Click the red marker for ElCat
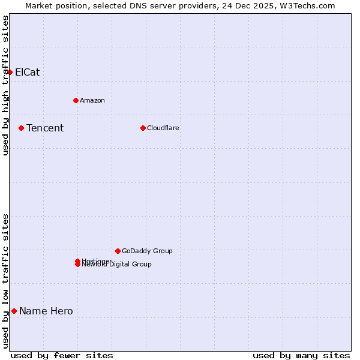click(10, 72)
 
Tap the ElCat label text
click(27, 72)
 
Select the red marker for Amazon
click(76, 100)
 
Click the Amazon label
click(92, 100)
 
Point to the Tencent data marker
click(21, 128)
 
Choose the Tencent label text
click(45, 128)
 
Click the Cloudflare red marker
click(143, 128)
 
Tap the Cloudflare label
click(163, 128)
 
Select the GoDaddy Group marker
click(118, 251)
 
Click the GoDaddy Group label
click(147, 251)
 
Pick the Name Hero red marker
click(14, 311)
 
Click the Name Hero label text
click(46, 311)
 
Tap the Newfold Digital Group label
click(117, 265)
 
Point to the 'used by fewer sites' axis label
click(62, 355)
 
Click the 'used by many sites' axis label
click(301, 355)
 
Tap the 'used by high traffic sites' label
click(5, 85)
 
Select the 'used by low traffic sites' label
click(5, 281)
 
